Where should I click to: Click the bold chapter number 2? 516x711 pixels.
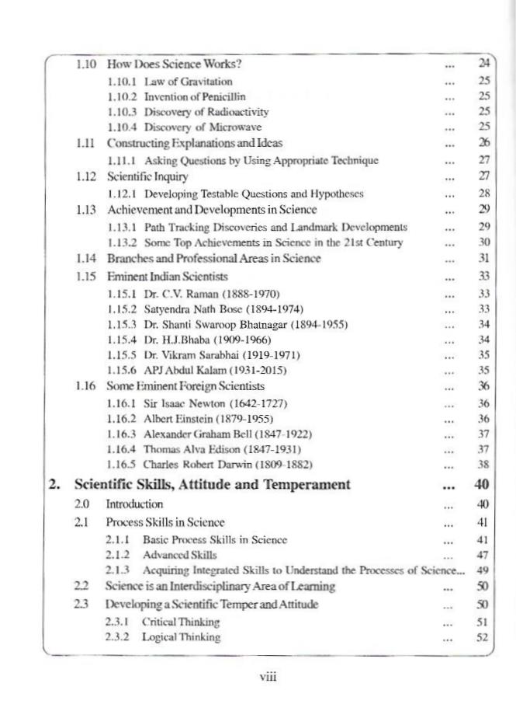[54, 485]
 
